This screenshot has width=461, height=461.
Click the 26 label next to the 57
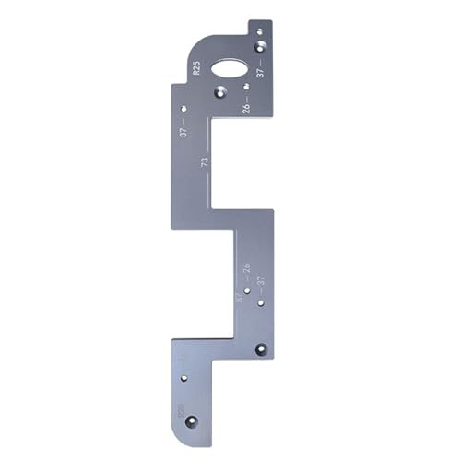pyautogui.click(x=246, y=270)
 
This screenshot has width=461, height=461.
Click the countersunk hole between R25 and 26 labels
pyautogui.click(x=220, y=92)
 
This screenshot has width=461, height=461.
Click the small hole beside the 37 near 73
pyautogui.click(x=183, y=109)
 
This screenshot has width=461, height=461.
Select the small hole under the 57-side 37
pyautogui.click(x=261, y=301)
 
